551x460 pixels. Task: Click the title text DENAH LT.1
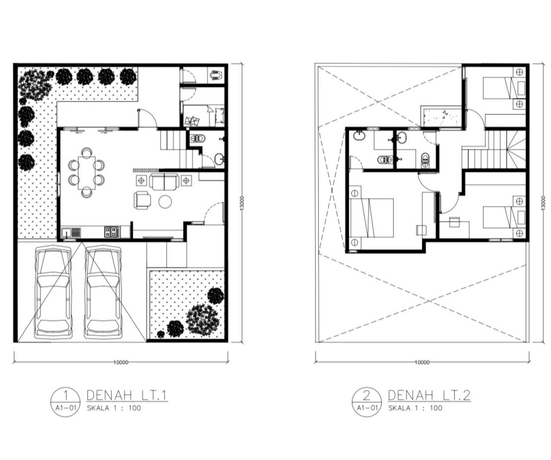coord(127,395)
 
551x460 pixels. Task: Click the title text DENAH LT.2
coord(429,395)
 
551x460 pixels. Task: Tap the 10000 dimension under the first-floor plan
coord(121,362)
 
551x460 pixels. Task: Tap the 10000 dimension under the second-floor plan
coord(422,362)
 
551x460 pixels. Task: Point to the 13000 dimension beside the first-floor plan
coord(242,203)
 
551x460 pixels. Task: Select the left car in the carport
coord(54,292)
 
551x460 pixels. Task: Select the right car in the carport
coord(104,292)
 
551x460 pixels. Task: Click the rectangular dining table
coord(87,172)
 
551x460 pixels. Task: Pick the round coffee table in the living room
coord(165,201)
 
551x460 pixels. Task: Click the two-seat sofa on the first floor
coord(164,181)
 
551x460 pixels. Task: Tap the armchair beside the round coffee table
coord(142,200)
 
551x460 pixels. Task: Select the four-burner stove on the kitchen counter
coord(112,232)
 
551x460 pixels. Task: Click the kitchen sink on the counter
coord(71,233)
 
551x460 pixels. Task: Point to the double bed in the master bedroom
coord(372,218)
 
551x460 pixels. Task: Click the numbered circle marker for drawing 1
coord(66,402)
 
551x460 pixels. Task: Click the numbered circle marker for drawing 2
coord(367,402)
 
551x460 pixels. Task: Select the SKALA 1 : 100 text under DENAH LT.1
coord(114,408)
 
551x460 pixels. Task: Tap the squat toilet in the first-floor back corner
coord(216,75)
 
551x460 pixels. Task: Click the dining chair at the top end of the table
coord(87,152)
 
